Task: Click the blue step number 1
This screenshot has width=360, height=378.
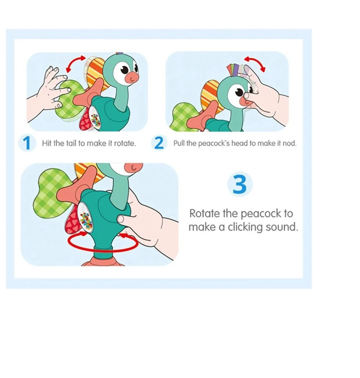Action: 27,143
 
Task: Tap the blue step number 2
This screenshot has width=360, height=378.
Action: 159,143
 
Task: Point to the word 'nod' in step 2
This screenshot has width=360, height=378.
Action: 290,143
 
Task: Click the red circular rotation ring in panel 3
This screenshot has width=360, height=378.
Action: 104,244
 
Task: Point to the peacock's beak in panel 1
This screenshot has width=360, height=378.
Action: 132,76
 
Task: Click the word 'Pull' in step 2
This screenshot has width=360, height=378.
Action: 179,143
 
